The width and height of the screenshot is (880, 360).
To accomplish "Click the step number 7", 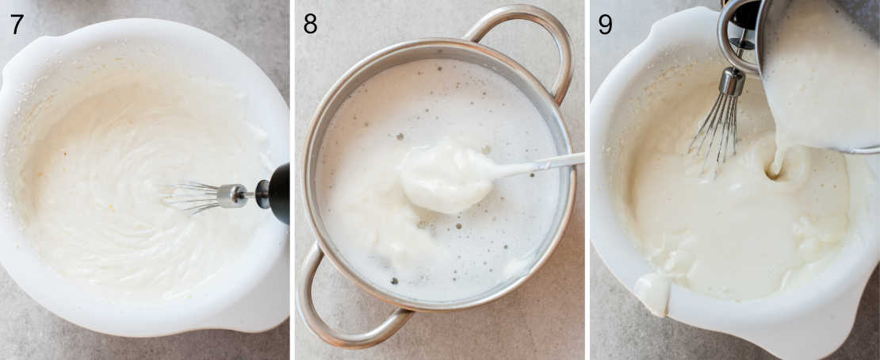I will (17, 23).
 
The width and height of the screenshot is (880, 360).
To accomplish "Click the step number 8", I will (310, 23).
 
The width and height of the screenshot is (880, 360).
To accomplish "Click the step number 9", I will (605, 23).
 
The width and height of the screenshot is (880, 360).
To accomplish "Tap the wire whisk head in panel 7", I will (192, 197).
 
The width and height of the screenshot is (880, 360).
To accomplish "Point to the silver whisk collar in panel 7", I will (232, 195).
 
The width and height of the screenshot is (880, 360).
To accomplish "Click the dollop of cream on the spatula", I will (446, 175).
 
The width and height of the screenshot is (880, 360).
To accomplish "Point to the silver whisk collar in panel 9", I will (731, 82).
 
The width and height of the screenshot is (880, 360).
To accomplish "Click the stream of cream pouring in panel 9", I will (781, 151).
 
